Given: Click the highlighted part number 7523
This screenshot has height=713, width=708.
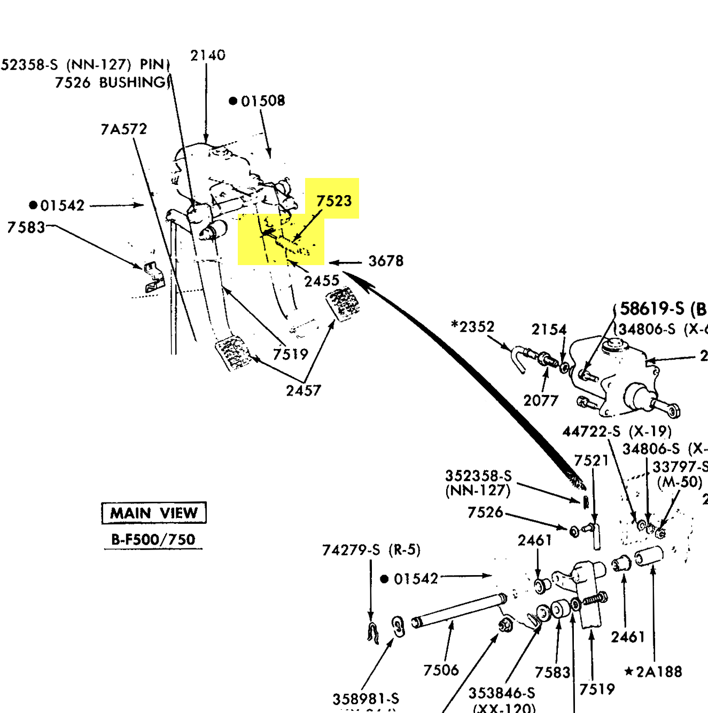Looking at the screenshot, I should (334, 201).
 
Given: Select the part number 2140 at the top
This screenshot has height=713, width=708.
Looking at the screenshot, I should (208, 55).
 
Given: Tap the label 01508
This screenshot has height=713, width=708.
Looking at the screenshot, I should (262, 101).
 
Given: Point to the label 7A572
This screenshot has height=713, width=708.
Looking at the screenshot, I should (123, 129).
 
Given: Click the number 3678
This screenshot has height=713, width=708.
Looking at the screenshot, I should (386, 261).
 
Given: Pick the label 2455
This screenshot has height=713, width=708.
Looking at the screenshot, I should (322, 281).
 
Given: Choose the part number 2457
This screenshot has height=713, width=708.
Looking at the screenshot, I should (304, 391).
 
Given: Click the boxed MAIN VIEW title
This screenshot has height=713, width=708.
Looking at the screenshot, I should (154, 513).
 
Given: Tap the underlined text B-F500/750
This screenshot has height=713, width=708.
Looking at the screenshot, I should (153, 539).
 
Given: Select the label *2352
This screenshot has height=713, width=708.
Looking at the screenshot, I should (473, 327).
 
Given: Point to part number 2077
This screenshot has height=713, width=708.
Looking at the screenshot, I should (541, 400).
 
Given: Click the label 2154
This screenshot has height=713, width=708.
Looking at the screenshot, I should (549, 329).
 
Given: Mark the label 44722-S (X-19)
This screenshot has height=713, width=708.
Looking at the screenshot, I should (617, 431).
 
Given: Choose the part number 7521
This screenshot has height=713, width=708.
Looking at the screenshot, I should (592, 460).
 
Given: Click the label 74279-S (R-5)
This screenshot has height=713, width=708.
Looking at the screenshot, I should (371, 549).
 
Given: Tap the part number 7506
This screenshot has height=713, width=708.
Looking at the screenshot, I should (441, 670).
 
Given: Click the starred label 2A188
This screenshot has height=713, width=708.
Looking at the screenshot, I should (653, 671).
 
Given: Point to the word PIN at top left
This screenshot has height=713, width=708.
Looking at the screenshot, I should (152, 65).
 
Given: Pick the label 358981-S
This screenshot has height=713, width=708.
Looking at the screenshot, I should (365, 699).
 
